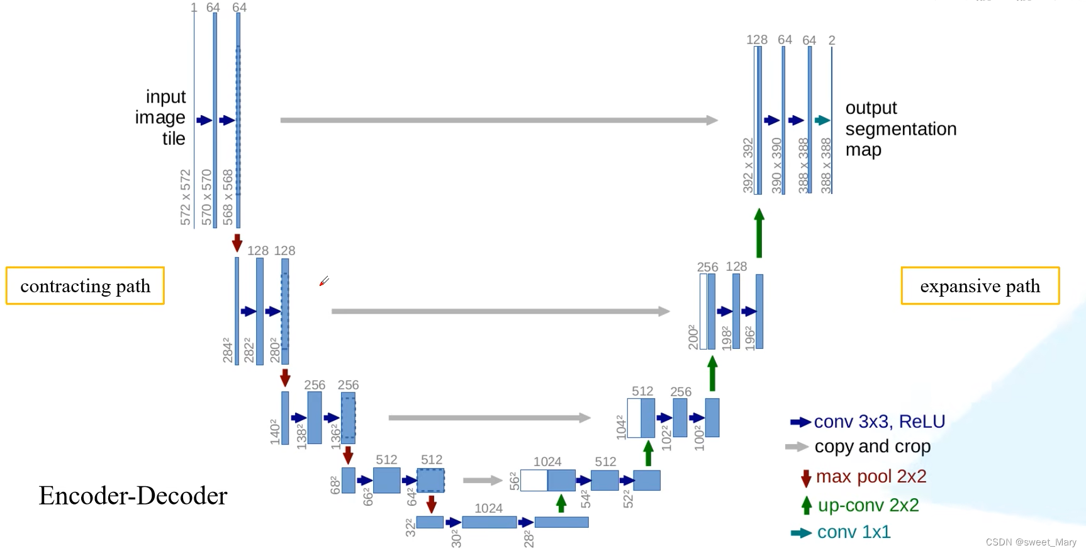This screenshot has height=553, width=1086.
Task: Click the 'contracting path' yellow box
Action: point(85,286)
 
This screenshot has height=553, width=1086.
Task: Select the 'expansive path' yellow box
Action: point(980,286)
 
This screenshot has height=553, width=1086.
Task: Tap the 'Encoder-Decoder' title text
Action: point(133,496)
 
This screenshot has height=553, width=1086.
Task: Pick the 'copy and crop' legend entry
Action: point(872,447)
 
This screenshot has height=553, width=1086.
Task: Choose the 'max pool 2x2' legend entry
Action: point(871,477)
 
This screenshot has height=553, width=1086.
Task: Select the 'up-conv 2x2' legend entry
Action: point(868,505)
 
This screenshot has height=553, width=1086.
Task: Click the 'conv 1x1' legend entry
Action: point(853,532)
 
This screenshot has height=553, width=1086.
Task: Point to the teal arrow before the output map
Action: point(822,120)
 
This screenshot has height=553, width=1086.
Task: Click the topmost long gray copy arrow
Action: point(498,120)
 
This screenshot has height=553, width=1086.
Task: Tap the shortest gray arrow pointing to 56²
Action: point(483,481)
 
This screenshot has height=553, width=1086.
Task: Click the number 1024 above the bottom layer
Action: point(488,508)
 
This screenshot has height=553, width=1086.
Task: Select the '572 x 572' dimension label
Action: point(186,197)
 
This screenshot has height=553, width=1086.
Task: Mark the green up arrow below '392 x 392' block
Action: point(759,233)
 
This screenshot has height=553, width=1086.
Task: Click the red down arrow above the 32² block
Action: point(431,505)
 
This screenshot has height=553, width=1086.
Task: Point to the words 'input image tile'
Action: point(162,118)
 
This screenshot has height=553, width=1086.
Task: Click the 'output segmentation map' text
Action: point(900,129)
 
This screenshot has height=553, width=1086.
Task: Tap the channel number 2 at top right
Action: point(832,40)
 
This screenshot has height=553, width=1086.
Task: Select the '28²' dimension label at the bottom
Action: point(529,539)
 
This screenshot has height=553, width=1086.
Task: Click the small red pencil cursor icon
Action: point(324,281)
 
